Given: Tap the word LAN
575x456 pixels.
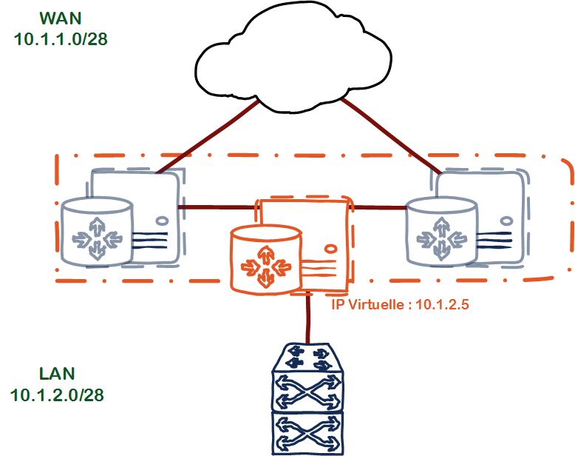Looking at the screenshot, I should click(x=57, y=373).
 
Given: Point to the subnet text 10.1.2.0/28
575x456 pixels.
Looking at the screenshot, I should click(x=57, y=395).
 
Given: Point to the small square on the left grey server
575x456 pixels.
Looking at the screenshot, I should click(x=163, y=220).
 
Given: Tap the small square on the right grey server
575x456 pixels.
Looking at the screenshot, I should click(x=506, y=220).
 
